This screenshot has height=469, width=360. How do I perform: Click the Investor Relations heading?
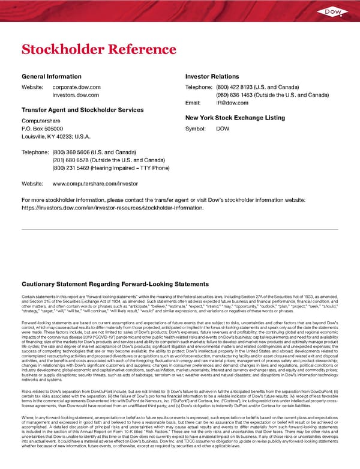click(x=212, y=76)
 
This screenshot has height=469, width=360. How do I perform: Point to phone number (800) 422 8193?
click(x=232, y=87)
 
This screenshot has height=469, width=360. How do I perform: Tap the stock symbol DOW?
click(x=223, y=129)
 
